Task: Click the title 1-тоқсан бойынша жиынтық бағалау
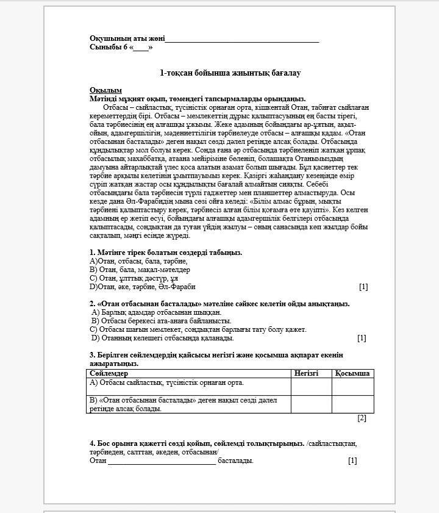[230, 73]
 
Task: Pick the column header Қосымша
[352, 373]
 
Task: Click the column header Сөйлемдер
[109, 373]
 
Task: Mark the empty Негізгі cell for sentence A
[311, 386]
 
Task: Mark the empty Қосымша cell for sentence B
[352, 404]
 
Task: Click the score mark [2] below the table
[362, 418]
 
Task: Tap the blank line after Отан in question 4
[162, 462]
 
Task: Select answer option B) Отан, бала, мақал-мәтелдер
[140, 270]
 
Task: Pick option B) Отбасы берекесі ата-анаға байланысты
[161, 321]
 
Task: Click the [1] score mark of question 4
[352, 461]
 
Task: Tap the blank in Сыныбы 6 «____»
[141, 48]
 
